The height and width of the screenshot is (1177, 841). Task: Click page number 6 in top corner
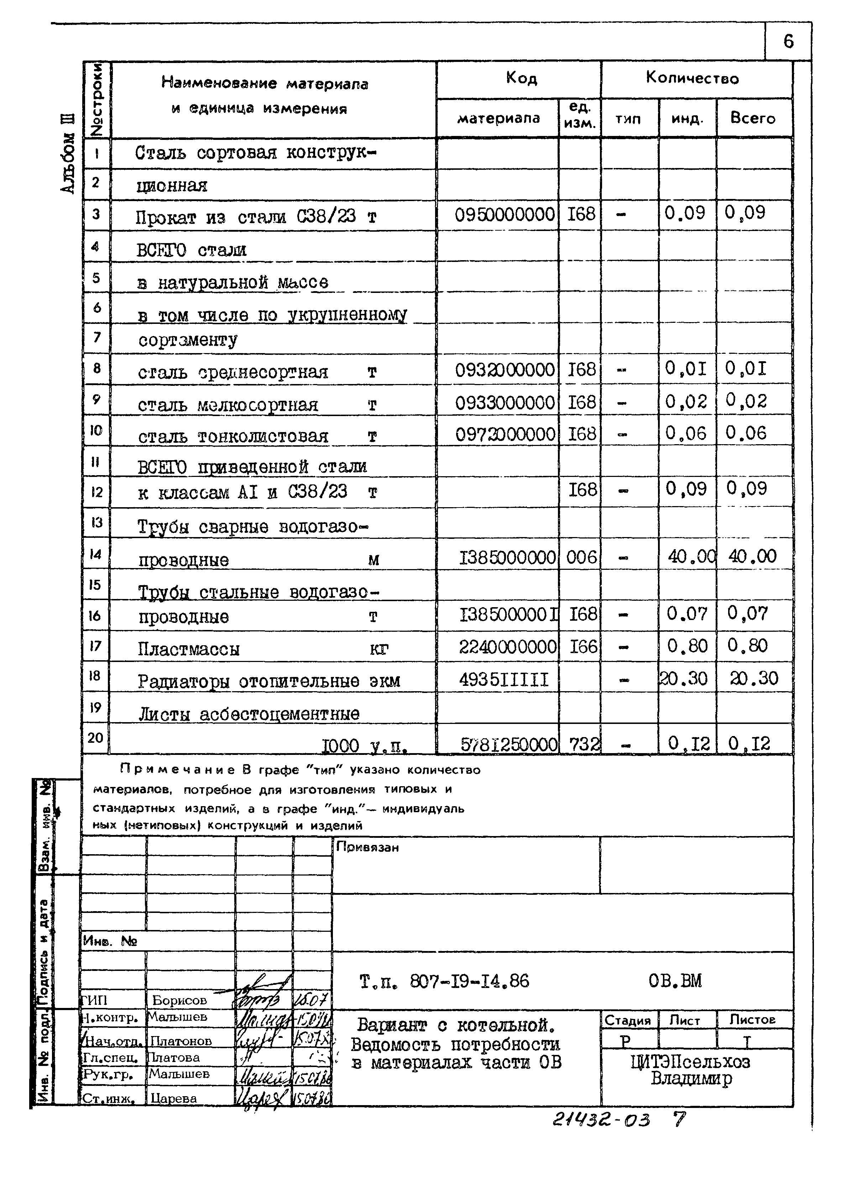(x=788, y=41)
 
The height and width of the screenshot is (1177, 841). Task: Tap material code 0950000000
(x=505, y=214)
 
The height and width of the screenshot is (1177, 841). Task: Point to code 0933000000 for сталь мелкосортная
(x=505, y=402)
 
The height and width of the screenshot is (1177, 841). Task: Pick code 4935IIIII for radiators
(x=503, y=679)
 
